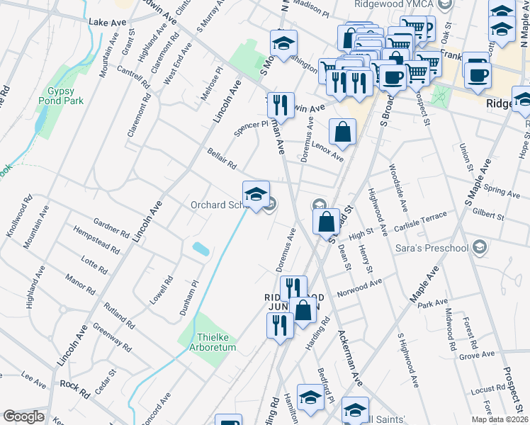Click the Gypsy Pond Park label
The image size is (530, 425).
pyautogui.click(x=65, y=96)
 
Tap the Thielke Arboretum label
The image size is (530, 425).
pyautogui.click(x=213, y=342)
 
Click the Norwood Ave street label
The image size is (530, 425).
pyautogui.click(x=360, y=285)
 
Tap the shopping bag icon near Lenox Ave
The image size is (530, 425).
pyautogui.click(x=342, y=132)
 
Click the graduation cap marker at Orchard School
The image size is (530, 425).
pyautogui.click(x=256, y=194)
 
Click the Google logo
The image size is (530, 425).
pyautogui.click(x=24, y=417)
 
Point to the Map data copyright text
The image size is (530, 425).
pyautogui.click(x=499, y=419)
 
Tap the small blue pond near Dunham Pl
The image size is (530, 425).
pyautogui.click(x=201, y=249)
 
